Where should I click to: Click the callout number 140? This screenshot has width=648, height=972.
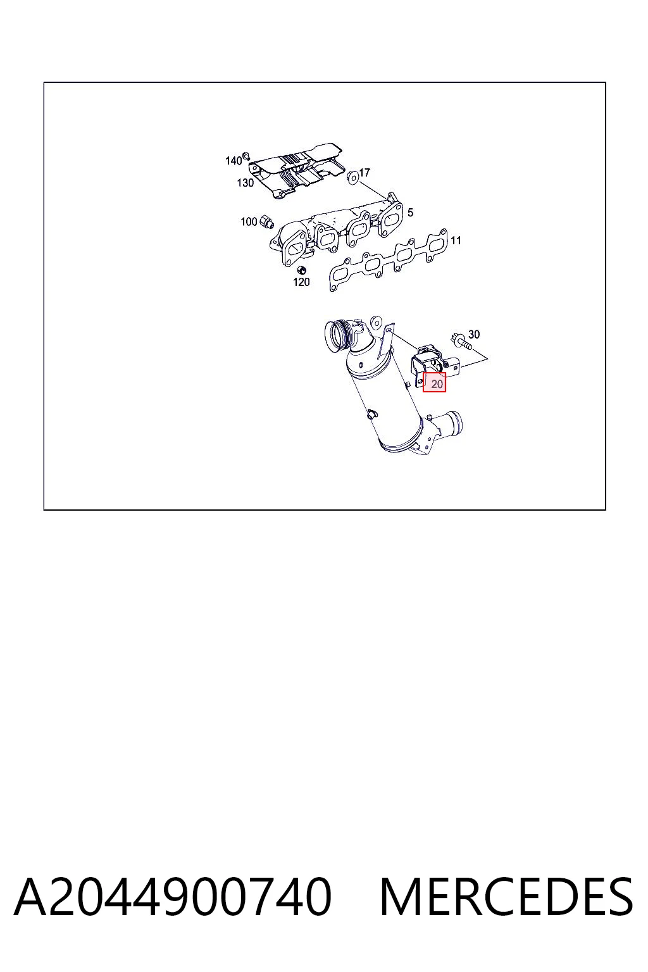pos(233,161)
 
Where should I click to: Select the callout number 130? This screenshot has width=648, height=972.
pos(246,183)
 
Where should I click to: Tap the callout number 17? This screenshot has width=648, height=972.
pos(364,172)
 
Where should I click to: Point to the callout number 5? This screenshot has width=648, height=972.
pos(410,212)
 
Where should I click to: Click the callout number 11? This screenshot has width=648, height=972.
pos(456,240)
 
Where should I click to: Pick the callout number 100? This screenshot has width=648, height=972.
pos(249,221)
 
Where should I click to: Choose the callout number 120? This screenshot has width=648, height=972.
pos(301,282)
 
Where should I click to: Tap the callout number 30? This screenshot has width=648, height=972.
pos(474,334)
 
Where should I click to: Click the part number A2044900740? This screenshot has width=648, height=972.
pos(173,897)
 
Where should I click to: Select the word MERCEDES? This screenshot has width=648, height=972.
pos(506,897)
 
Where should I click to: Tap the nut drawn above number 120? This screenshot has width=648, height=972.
pos(301,270)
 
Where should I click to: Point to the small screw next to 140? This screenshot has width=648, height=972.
pos(246,155)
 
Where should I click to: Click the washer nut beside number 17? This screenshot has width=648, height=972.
pos(352,176)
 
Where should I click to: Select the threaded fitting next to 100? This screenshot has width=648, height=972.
pos(266,221)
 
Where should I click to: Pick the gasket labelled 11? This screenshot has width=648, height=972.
pos(389,260)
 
